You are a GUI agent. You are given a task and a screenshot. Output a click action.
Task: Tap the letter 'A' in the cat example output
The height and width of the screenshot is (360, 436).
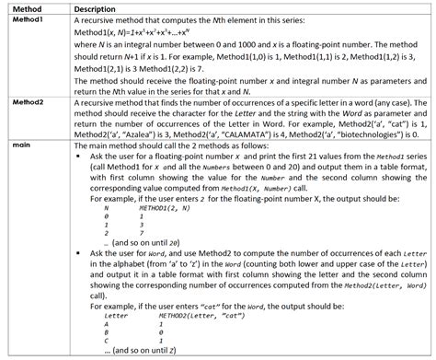107,324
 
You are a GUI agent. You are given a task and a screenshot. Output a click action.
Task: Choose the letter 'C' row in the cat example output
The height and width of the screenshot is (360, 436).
107,341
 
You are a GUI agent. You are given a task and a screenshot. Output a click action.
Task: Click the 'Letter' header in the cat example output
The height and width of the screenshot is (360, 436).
117,316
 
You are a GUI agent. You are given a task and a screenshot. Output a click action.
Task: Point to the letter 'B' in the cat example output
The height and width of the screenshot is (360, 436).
107,332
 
